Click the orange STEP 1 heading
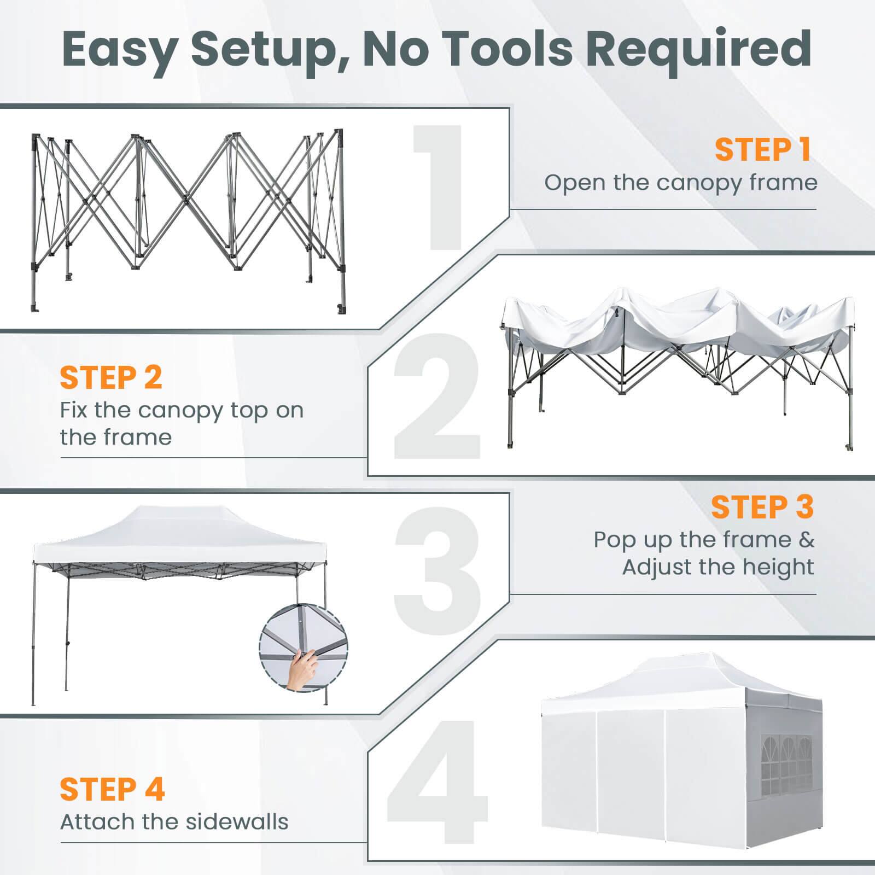(762, 150)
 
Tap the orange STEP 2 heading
(111, 377)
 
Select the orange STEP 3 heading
(762, 507)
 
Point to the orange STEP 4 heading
(112, 789)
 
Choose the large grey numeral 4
(437, 787)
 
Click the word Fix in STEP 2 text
(74, 410)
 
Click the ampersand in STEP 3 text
(807, 540)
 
